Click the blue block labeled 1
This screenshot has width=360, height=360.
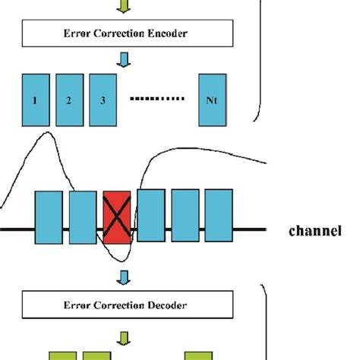35,99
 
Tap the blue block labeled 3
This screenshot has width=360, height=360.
103,99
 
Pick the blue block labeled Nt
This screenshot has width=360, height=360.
212,99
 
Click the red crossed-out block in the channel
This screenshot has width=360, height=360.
117,217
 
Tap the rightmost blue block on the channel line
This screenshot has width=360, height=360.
219,217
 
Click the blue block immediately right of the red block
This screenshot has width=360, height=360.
151,217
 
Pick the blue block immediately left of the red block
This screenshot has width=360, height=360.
83,217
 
